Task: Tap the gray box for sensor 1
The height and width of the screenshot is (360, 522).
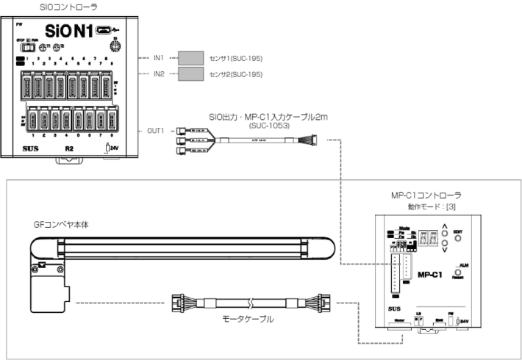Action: coord(190,57)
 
